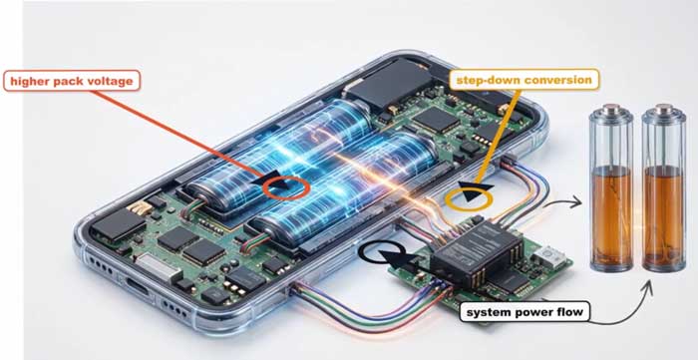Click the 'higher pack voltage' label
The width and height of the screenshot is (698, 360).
pos(72,81)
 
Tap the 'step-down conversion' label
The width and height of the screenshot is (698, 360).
pos(523,80)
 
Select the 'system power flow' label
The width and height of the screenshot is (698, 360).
pos(524,312)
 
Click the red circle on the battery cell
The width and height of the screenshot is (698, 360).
pos(286,187)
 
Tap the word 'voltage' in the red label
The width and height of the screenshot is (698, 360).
pos(111,82)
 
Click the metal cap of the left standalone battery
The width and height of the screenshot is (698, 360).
pos(610,109)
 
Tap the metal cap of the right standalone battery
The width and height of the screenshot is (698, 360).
pos(664,109)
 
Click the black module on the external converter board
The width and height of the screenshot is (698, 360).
pos(477,252)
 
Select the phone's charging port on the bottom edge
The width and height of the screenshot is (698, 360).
pos(137,286)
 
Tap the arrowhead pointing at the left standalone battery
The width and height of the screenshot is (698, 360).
pos(576,202)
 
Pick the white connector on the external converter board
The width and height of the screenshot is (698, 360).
pos(548,255)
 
